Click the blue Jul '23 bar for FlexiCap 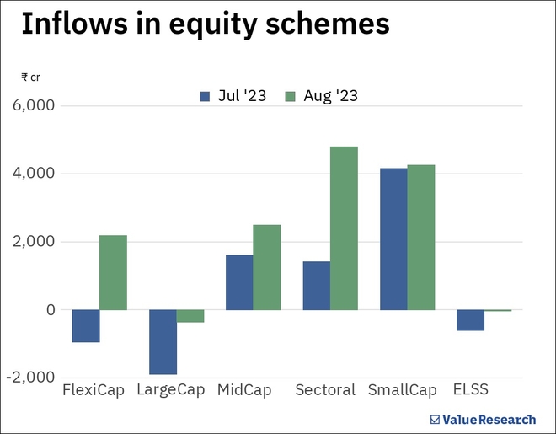(x=86, y=326)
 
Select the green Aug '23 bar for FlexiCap (x=113, y=272)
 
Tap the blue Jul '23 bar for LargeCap (x=163, y=342)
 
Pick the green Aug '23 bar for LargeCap (x=190, y=316)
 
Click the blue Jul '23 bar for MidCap (x=239, y=282)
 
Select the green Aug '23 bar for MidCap (x=266, y=267)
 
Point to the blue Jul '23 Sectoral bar (x=316, y=286)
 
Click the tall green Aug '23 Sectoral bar (x=344, y=228)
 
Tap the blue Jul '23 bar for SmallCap (x=393, y=239)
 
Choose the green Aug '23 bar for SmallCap (x=420, y=238)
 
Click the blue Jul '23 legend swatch (x=205, y=96)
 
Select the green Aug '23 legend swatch (x=291, y=96)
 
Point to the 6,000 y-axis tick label (x=35, y=106)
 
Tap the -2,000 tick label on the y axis (x=32, y=378)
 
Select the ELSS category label (x=470, y=390)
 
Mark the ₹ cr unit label (x=30, y=78)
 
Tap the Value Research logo (x=482, y=419)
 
